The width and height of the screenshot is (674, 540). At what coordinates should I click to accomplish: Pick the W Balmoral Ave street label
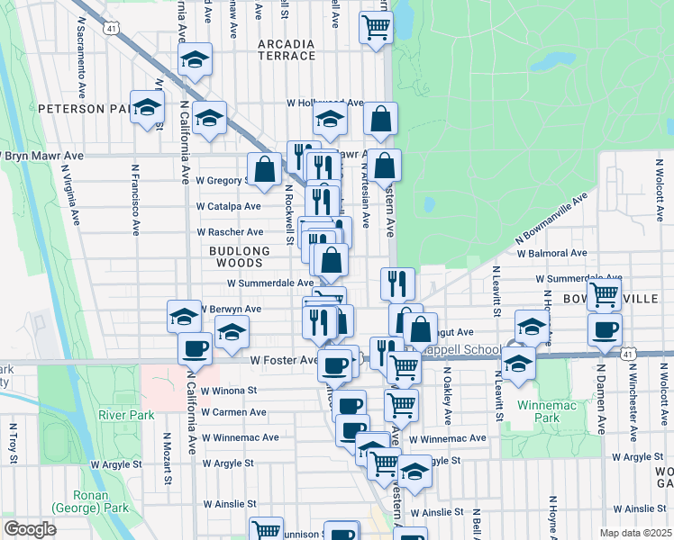[x=551, y=254]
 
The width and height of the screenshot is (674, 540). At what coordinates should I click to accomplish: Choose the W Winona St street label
[x=229, y=391]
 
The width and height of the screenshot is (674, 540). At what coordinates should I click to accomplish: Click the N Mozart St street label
[x=168, y=459]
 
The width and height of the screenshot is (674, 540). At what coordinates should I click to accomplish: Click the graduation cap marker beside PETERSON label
[x=146, y=108]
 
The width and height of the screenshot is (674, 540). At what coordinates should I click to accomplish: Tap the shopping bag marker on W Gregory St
[x=264, y=168]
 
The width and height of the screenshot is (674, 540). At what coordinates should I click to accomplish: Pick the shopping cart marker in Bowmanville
[x=604, y=292]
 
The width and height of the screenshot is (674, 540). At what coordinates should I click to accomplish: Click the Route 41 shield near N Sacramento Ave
[x=111, y=29]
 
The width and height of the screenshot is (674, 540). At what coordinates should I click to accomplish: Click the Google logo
[x=30, y=529]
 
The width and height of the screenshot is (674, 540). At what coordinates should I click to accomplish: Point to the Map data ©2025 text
[x=636, y=533]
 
